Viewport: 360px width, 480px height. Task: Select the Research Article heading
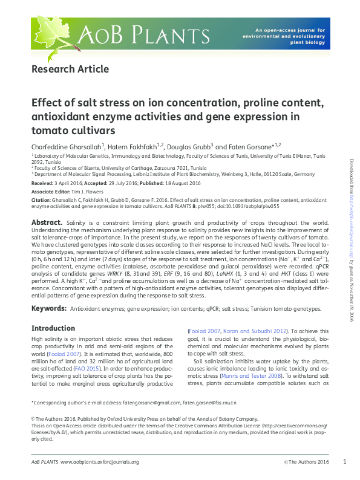(x=70, y=69)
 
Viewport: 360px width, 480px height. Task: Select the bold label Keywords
(x=48, y=308)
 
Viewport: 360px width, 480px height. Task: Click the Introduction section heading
(x=53, y=328)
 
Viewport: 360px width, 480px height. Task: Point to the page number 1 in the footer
(x=344, y=462)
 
